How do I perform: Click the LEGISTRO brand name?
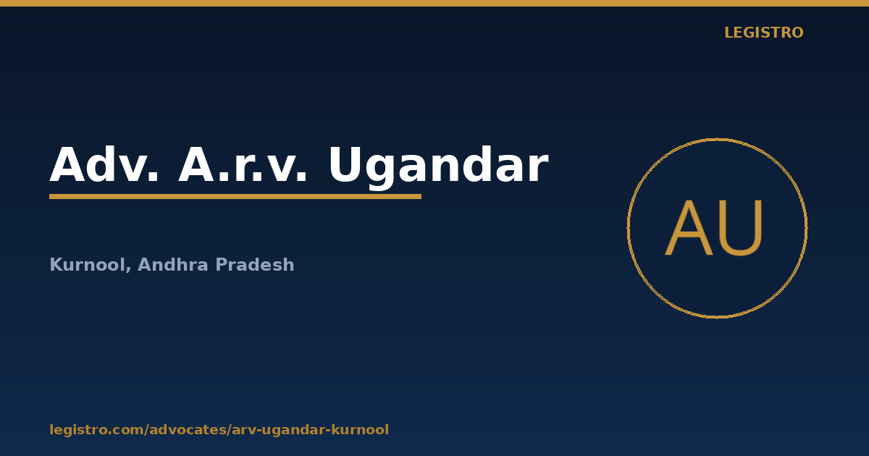[764, 33]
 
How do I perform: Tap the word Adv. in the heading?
[104, 164]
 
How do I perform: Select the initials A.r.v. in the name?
[243, 164]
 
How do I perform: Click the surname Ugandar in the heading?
[438, 167]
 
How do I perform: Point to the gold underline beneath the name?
[235, 197]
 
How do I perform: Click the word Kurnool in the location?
[88, 264]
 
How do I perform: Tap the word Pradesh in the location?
[255, 264]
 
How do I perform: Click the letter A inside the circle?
[689, 228]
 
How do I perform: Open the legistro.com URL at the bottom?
[219, 430]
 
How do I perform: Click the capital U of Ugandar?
[346, 164]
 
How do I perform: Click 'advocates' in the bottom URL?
[188, 430]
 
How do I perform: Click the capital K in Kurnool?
[56, 264]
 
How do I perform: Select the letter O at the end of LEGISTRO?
[796, 33]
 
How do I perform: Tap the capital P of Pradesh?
[222, 264]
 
